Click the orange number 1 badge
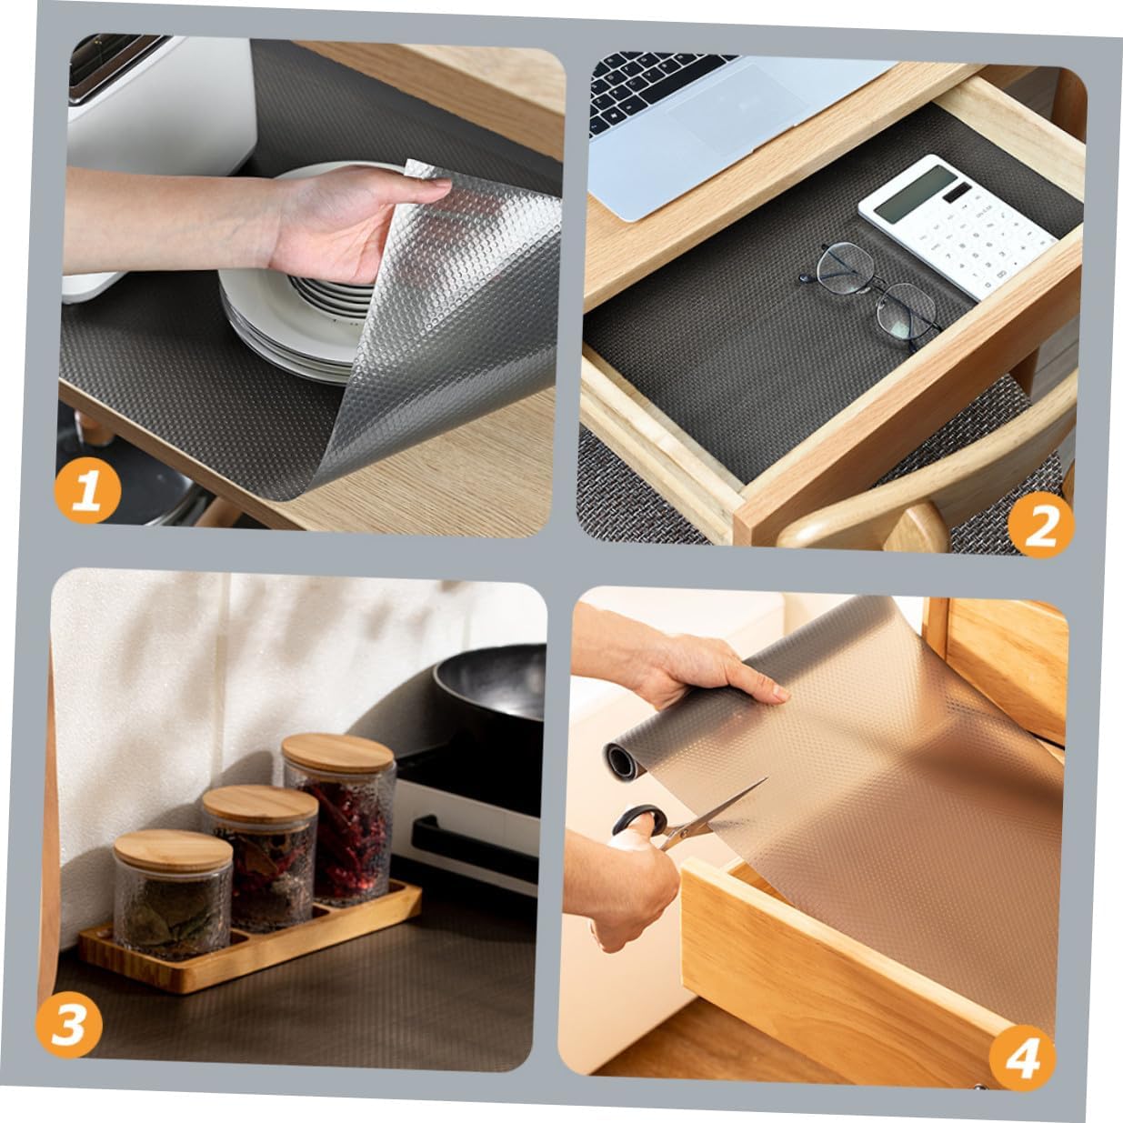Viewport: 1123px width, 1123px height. (87, 492)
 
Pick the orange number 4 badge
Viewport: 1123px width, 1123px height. (1022, 1058)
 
